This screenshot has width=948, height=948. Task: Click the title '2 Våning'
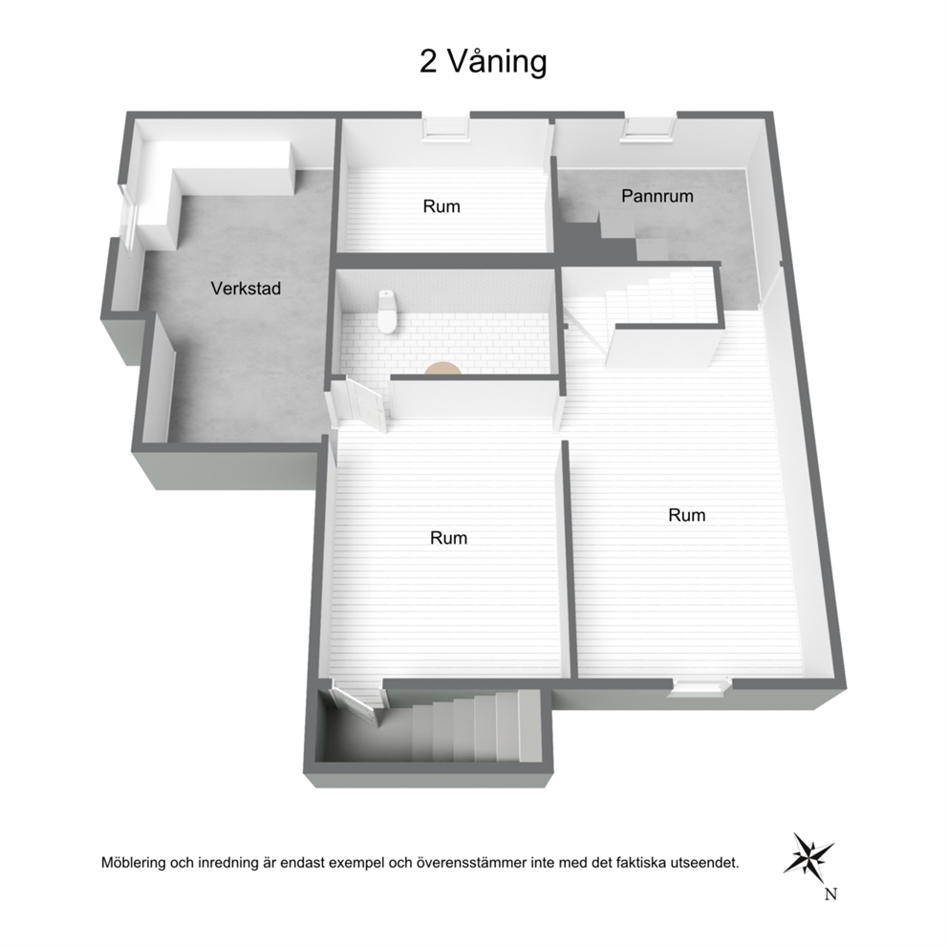pyautogui.click(x=483, y=62)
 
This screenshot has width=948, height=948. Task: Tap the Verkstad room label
pyautogui.click(x=246, y=289)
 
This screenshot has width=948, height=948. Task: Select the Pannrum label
pyautogui.click(x=657, y=196)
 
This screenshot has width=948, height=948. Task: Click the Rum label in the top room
pyautogui.click(x=442, y=206)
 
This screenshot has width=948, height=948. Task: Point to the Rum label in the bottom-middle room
pyautogui.click(x=448, y=537)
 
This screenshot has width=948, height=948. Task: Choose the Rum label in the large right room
pyautogui.click(x=687, y=515)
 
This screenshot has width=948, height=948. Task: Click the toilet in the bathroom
pyautogui.click(x=387, y=311)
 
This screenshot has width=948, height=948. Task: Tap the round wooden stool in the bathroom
pyautogui.click(x=442, y=368)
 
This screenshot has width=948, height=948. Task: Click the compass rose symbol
pyautogui.click(x=808, y=853)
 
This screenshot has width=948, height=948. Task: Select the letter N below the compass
pyautogui.click(x=830, y=894)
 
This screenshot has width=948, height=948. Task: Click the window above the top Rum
pyautogui.click(x=446, y=128)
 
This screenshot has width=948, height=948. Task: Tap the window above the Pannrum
pyautogui.click(x=650, y=128)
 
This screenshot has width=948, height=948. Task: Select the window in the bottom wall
pyautogui.click(x=700, y=687)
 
